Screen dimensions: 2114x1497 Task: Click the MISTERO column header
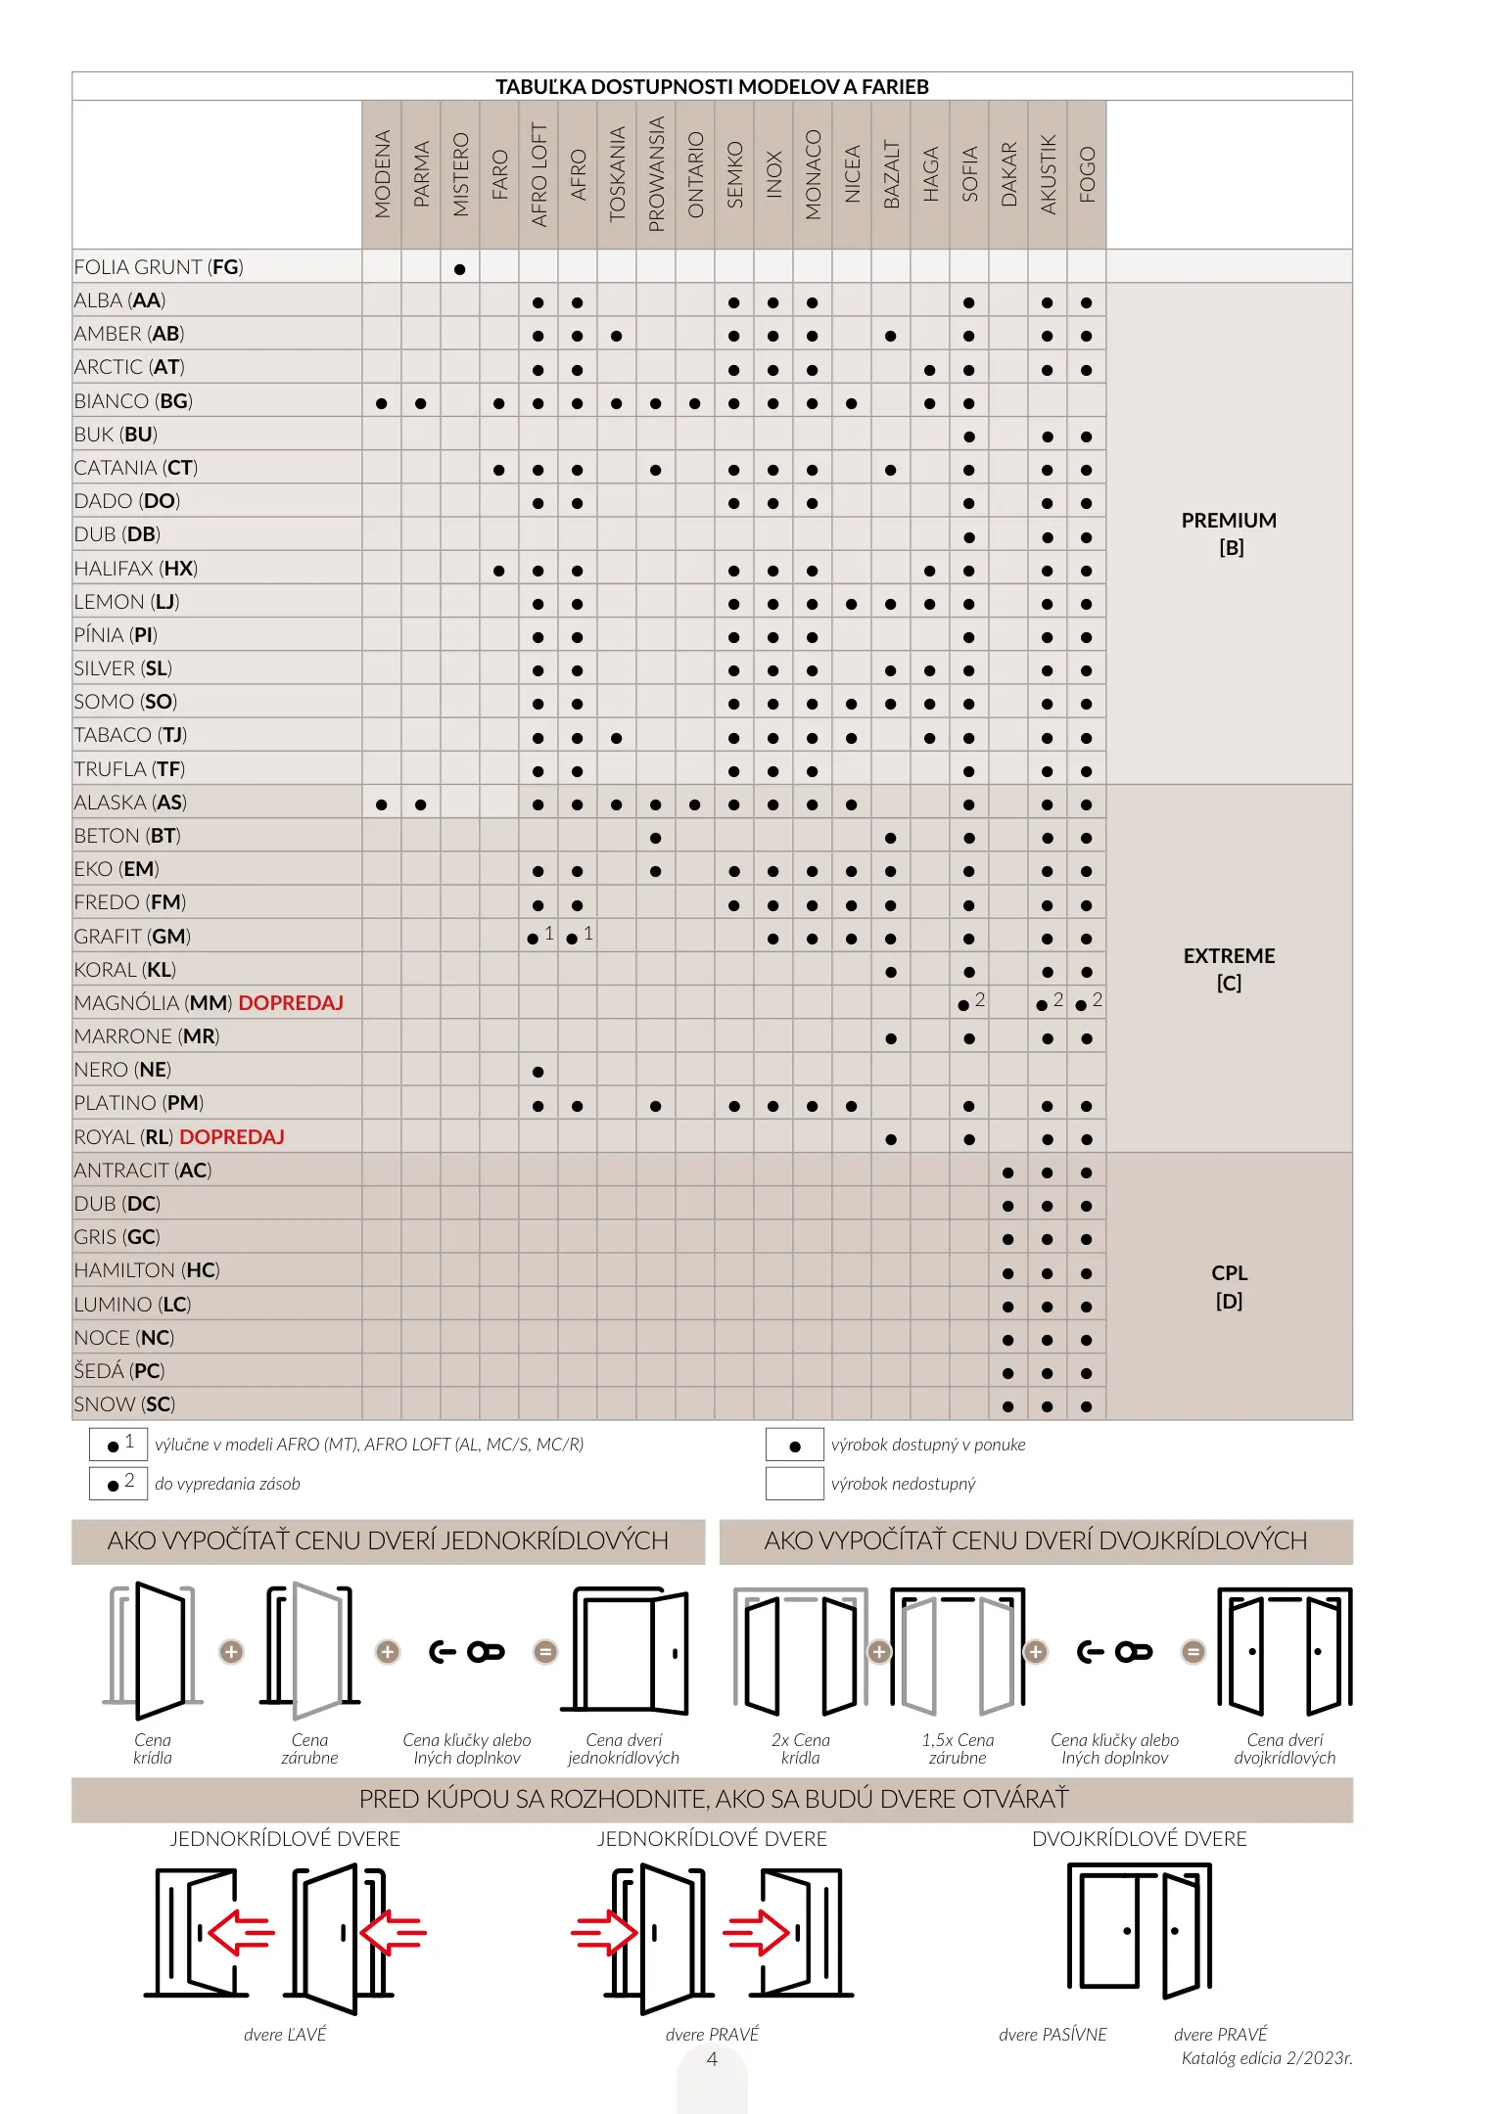(x=460, y=174)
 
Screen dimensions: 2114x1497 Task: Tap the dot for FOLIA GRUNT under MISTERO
(x=460, y=269)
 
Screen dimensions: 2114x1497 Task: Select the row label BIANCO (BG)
(x=133, y=401)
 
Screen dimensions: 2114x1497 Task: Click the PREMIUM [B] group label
(x=1229, y=533)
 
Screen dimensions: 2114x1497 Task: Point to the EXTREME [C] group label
(x=1229, y=969)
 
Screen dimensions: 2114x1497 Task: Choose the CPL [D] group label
(x=1229, y=1286)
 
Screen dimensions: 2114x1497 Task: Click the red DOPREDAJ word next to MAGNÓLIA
(x=291, y=1003)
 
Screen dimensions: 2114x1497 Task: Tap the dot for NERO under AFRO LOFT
(x=538, y=1072)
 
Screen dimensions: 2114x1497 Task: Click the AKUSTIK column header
(x=1048, y=174)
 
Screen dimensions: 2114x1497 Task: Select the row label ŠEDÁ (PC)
(x=119, y=1371)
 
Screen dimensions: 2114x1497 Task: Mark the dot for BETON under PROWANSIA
(x=655, y=838)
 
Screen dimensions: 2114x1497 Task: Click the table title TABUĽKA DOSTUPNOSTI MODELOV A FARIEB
(x=712, y=87)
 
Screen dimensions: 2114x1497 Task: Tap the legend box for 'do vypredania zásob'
(x=118, y=1484)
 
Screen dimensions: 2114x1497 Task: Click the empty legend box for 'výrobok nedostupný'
(x=794, y=1484)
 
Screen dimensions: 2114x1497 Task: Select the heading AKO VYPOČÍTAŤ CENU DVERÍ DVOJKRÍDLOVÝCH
(x=1035, y=1541)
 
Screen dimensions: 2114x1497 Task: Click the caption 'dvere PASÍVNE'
(x=1053, y=2035)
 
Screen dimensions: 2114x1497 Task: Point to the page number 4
(x=712, y=2059)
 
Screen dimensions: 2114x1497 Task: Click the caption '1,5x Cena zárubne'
(x=958, y=1749)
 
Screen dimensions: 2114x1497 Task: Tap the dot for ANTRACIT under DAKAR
(x=1008, y=1172)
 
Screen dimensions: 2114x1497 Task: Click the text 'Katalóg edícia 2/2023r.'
(x=1266, y=2058)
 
